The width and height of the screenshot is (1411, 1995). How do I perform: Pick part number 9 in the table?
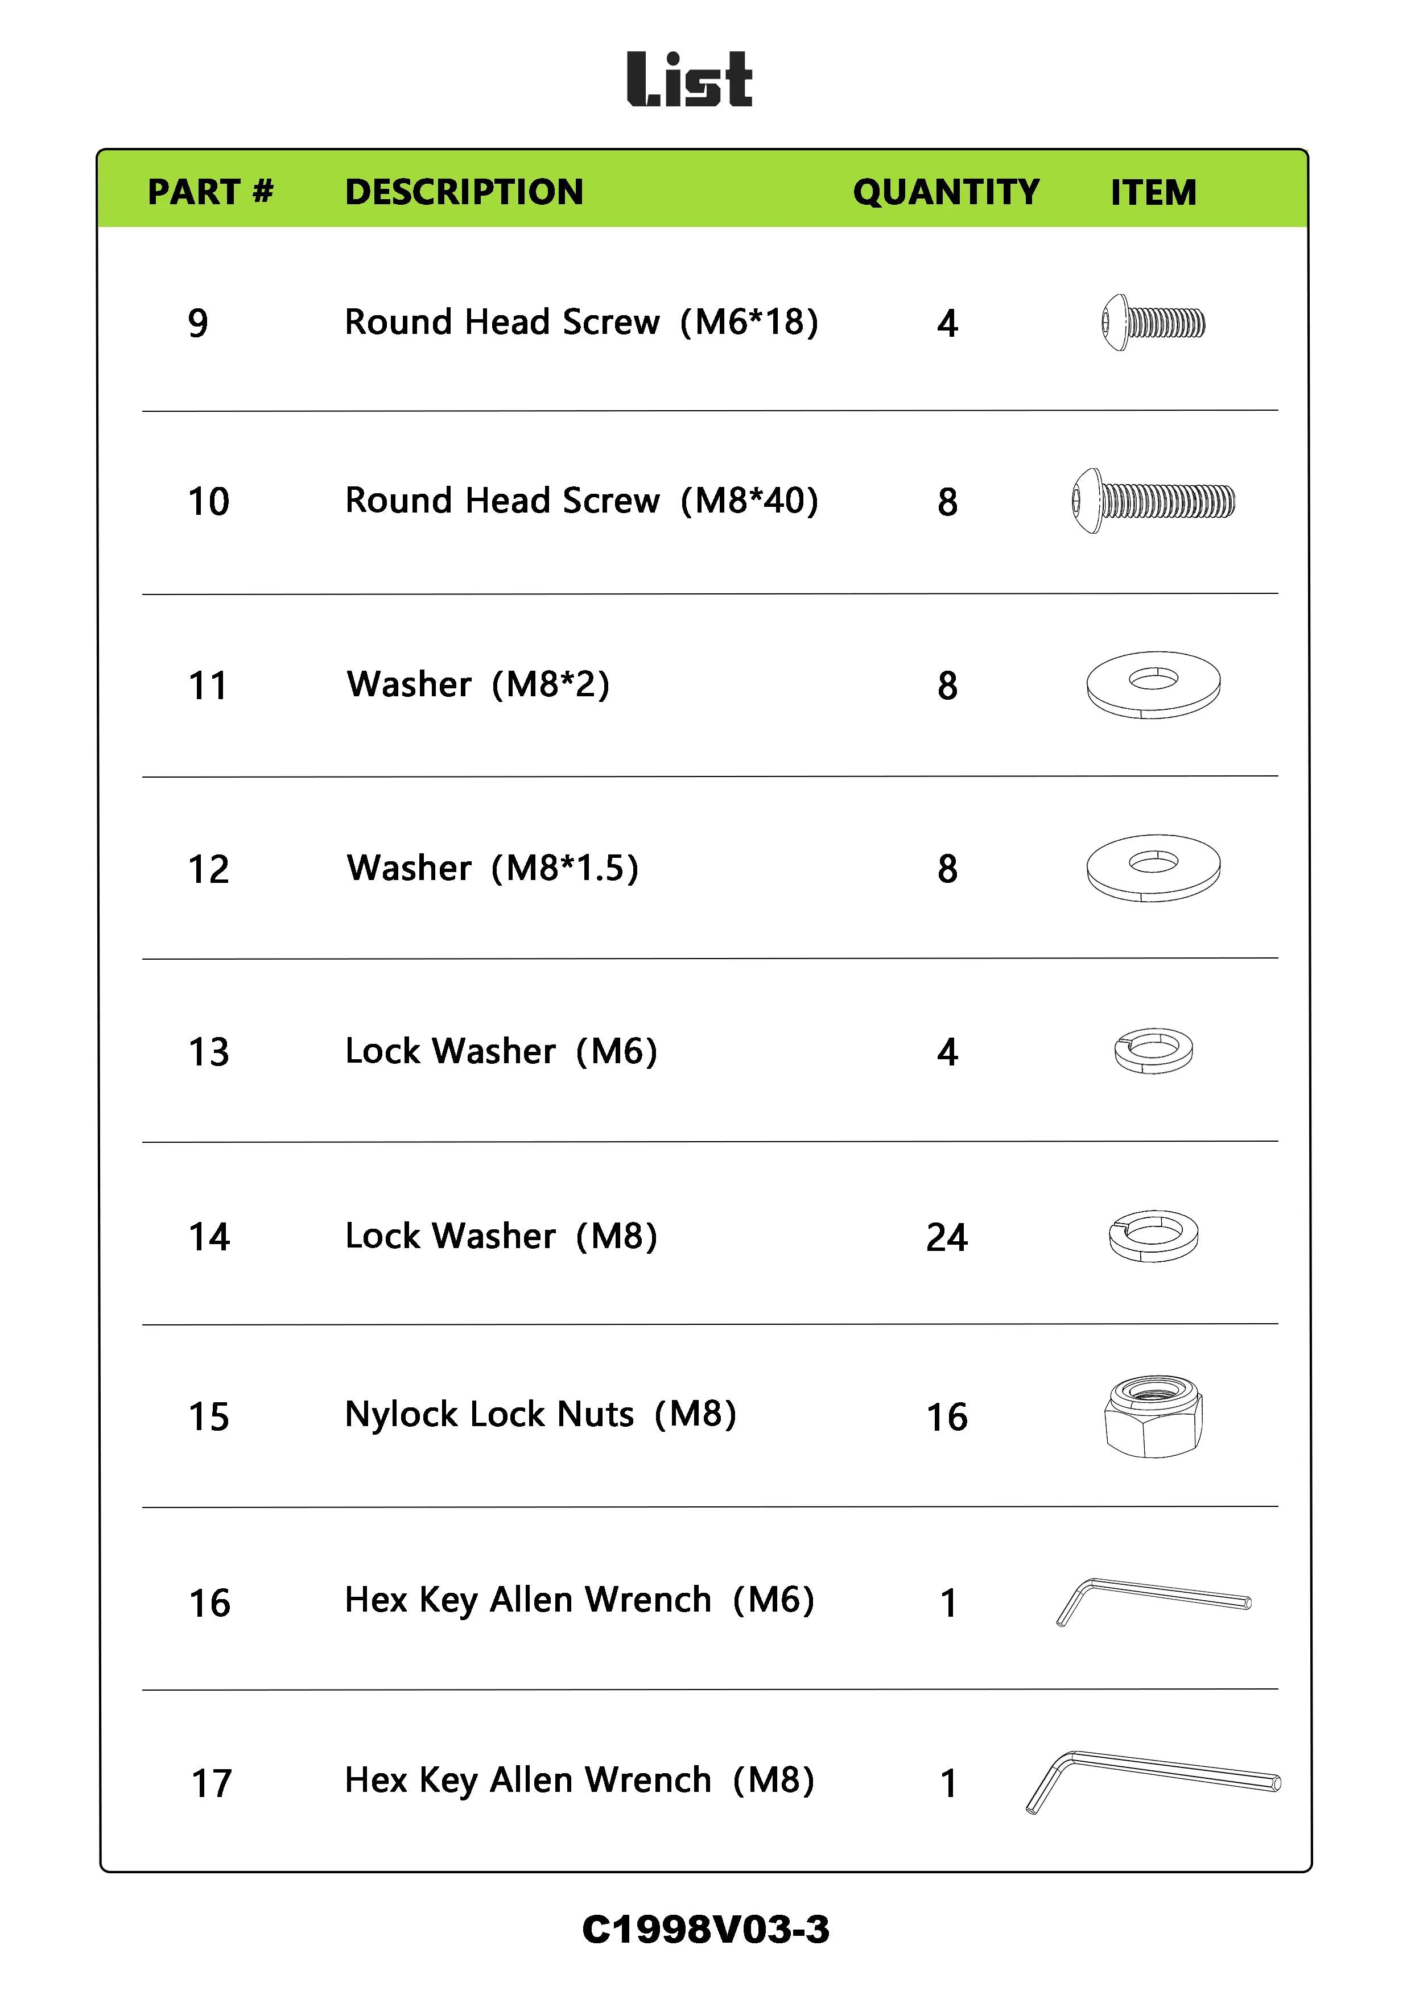pos(198,323)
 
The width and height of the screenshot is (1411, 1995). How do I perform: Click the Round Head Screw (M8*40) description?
pos(581,501)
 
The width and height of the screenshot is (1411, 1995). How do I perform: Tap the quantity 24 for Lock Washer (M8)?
pos(946,1237)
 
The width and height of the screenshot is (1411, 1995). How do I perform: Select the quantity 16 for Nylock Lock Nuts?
pos(946,1417)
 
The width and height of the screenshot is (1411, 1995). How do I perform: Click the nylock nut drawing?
pos(1153,1416)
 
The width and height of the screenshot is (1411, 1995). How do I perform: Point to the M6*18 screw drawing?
pos(1153,323)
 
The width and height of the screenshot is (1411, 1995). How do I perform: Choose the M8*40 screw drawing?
pos(1153,501)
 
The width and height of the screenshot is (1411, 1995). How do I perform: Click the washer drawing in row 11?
pos(1153,685)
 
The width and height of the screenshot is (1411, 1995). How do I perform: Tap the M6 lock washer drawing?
pos(1153,1051)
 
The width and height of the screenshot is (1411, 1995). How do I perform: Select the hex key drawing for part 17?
pos(1153,1781)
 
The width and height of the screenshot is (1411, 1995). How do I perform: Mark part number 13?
pos(209,1052)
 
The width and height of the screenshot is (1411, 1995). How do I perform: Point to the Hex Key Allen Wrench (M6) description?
pos(580,1601)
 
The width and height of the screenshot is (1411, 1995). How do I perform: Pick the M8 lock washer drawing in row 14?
pos(1153,1236)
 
